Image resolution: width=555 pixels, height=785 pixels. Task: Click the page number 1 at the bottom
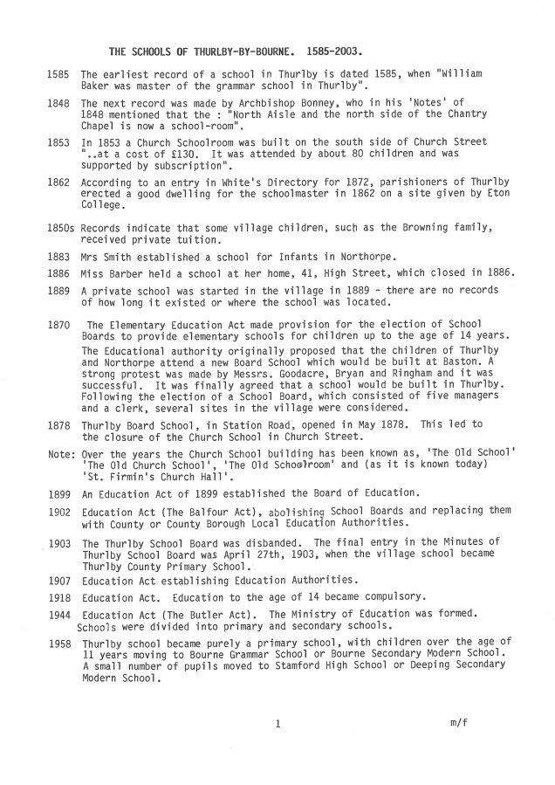pyautogui.click(x=277, y=724)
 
